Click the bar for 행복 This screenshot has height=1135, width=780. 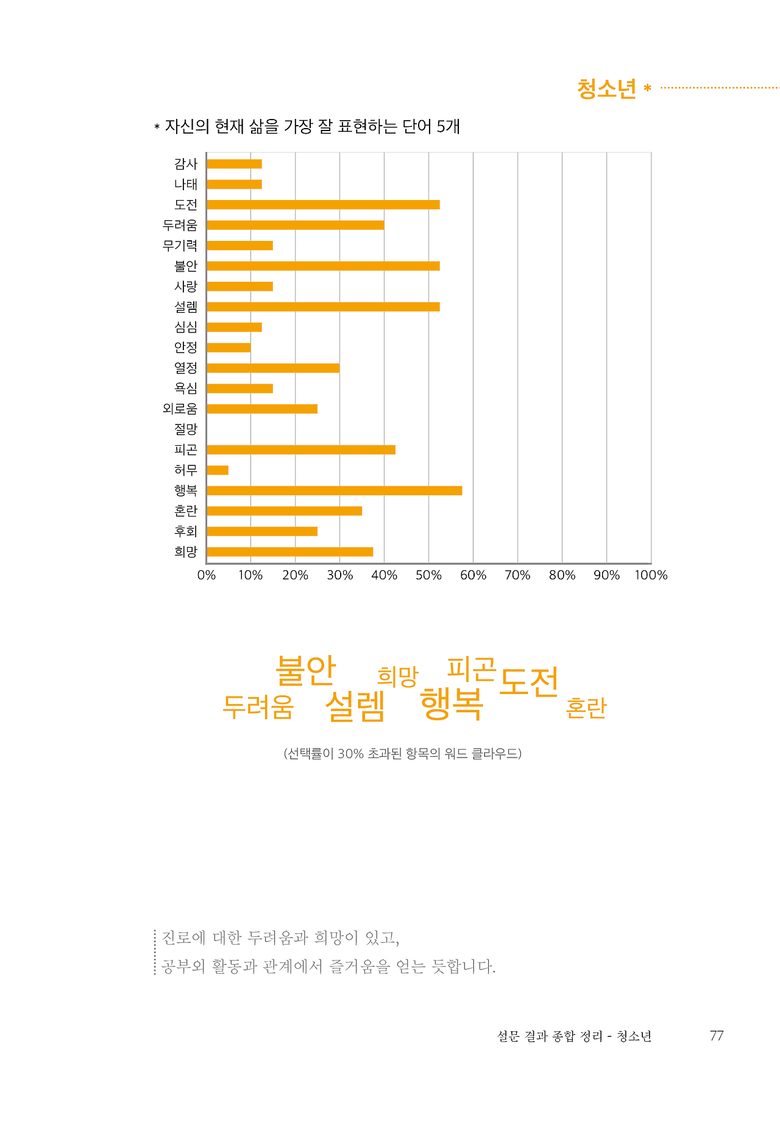click(x=334, y=490)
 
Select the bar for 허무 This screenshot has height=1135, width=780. click(x=218, y=470)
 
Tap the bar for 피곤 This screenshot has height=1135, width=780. click(x=301, y=449)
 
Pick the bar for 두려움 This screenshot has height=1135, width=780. click(x=296, y=225)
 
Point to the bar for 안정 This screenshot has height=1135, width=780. click(x=229, y=348)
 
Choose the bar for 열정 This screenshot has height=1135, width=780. click(x=273, y=368)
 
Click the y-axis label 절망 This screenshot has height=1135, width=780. click(x=186, y=429)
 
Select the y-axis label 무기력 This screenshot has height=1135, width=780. click(x=180, y=246)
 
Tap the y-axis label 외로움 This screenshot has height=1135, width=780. click(x=180, y=409)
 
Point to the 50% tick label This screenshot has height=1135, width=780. click(x=428, y=575)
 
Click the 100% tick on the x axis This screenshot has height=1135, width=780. click(x=651, y=575)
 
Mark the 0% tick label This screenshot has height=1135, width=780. click(x=207, y=575)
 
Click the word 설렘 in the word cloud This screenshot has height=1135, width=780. click(x=355, y=706)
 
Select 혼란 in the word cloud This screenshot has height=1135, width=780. click(x=586, y=707)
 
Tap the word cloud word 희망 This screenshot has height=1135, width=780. click(x=398, y=676)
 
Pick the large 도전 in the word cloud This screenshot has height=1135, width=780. click(x=529, y=681)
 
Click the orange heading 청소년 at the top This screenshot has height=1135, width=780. click(x=606, y=89)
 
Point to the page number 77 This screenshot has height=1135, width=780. click(x=717, y=1036)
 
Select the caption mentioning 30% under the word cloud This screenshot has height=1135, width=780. click(x=402, y=754)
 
